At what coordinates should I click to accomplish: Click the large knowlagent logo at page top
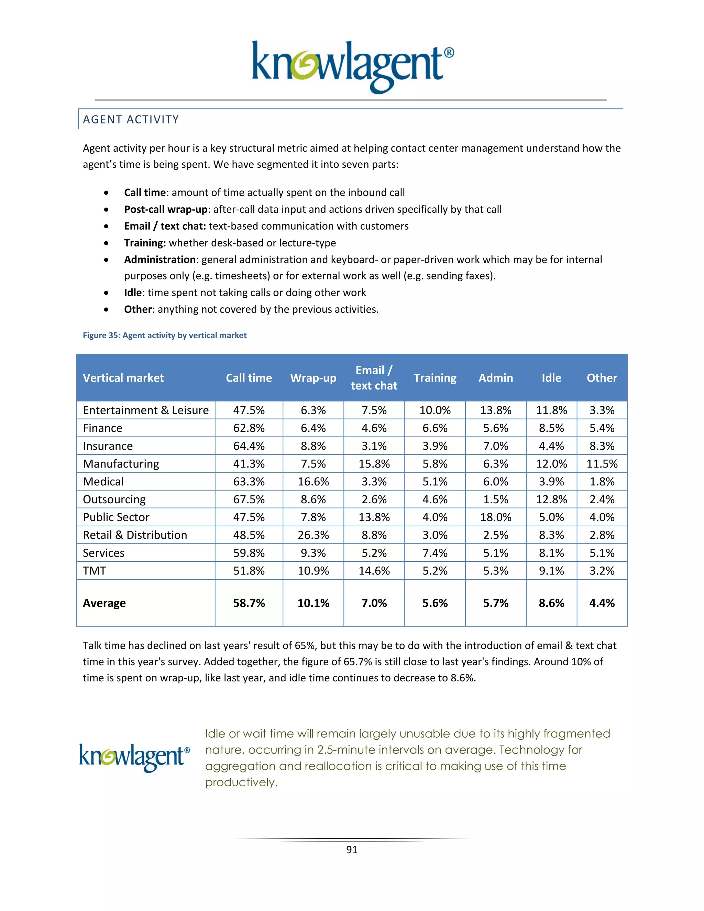click(352, 67)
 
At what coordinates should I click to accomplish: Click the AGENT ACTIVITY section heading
click(131, 120)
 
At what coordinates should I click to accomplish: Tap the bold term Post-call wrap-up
click(166, 209)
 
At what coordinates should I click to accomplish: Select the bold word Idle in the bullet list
click(133, 293)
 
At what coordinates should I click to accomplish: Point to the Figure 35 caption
click(164, 336)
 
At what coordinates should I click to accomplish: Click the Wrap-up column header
click(313, 378)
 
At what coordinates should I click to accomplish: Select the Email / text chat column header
click(374, 378)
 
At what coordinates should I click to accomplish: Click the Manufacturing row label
click(121, 464)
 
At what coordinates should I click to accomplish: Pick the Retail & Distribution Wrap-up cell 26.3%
click(313, 535)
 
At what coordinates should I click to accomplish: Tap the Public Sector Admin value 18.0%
click(495, 517)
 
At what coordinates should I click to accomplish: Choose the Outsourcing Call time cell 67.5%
click(249, 499)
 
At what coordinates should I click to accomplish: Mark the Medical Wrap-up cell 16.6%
click(313, 482)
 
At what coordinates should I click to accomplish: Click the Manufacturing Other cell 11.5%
click(602, 464)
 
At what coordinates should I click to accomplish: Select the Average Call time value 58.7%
click(249, 603)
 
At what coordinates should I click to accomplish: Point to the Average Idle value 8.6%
click(551, 603)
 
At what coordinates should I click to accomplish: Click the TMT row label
click(95, 571)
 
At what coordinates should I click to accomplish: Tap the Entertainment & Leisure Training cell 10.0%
click(435, 410)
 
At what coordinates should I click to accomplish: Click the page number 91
click(352, 850)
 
